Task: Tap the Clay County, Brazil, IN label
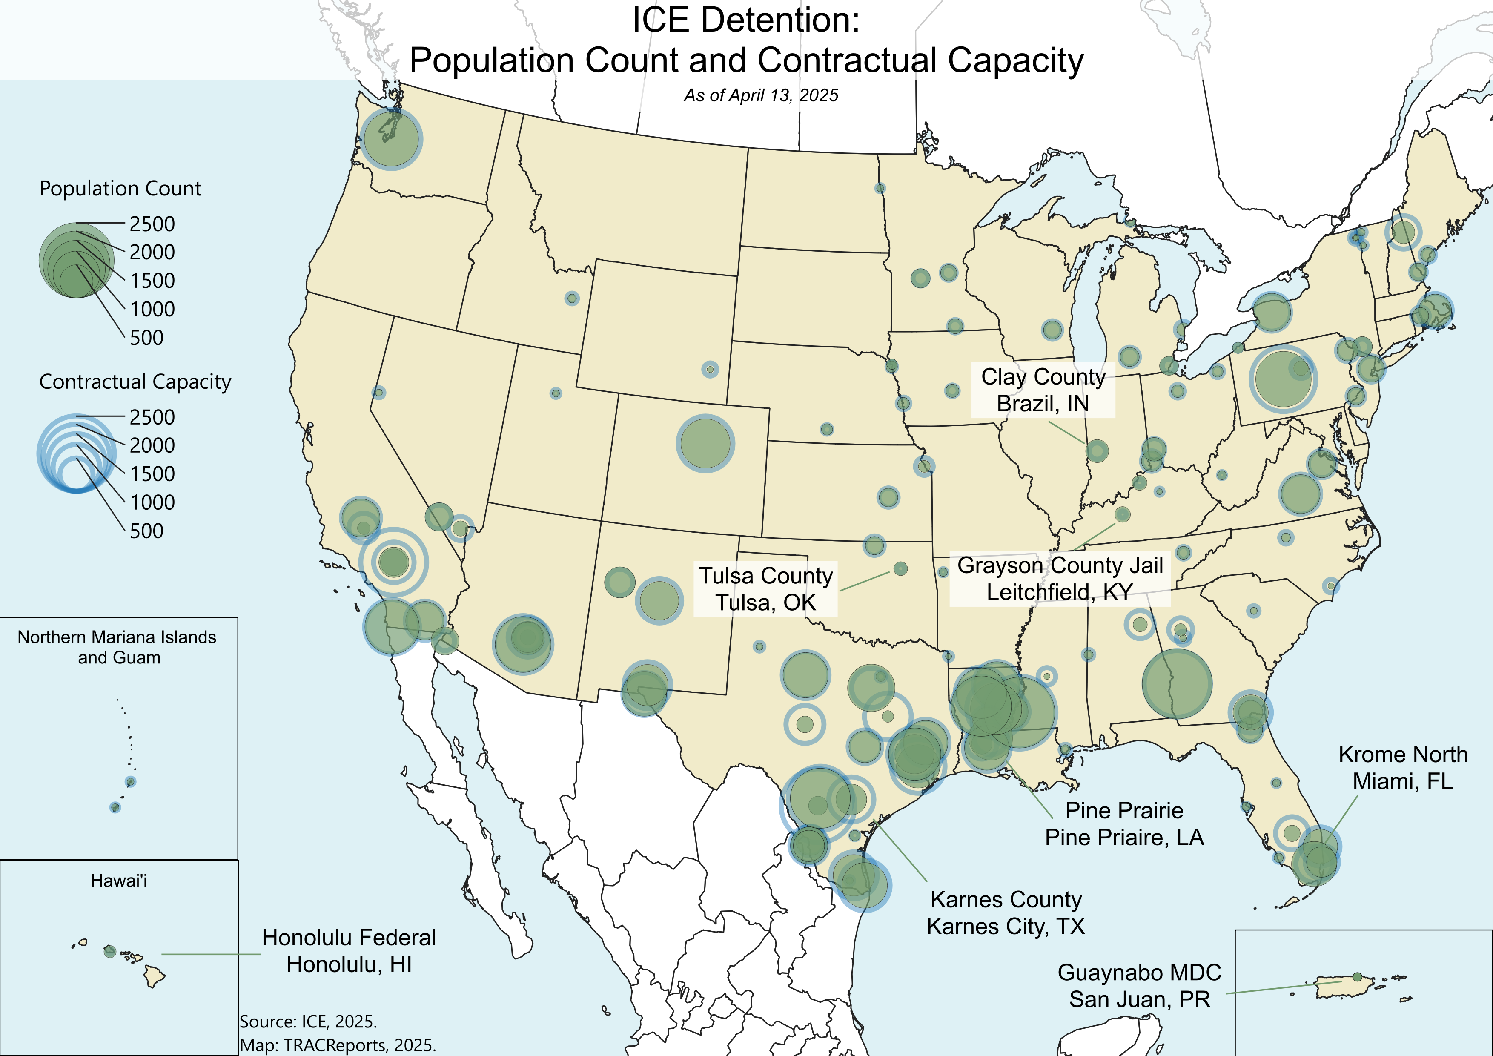coord(1043,390)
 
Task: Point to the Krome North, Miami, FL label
coord(1403,767)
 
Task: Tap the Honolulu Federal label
coord(349,951)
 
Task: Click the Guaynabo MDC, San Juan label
coord(1139,986)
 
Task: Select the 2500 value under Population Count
coord(152,224)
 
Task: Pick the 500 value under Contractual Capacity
coord(147,531)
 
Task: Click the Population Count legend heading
coord(120,189)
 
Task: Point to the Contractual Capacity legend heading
coord(135,382)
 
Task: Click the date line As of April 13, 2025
coord(761,95)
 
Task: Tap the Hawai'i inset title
coord(119,881)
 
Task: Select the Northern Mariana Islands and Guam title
coord(117,647)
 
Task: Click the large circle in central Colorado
coord(705,443)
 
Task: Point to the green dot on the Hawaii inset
coord(110,951)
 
